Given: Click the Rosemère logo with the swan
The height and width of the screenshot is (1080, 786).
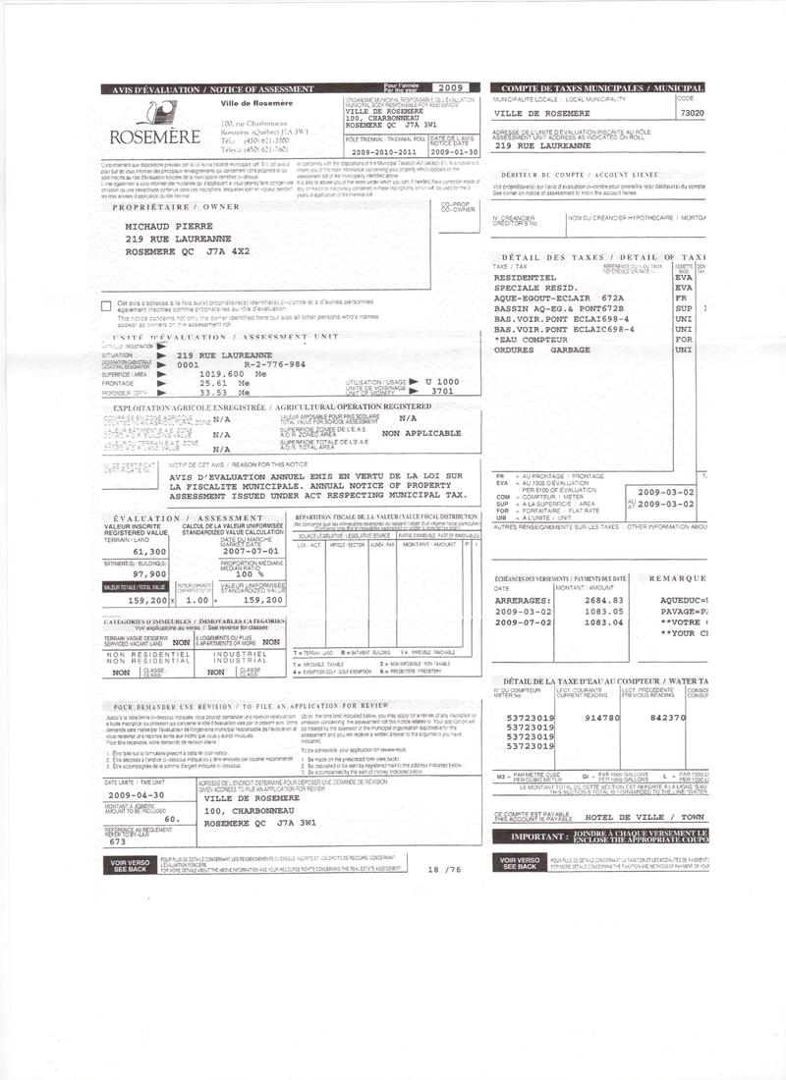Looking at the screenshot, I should click(x=147, y=126).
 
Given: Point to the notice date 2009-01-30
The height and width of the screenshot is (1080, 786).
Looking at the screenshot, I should click(x=453, y=153).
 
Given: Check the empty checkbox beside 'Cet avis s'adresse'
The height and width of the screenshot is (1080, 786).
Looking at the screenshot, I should click(x=106, y=305).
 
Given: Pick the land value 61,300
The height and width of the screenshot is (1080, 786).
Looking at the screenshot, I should click(x=147, y=552).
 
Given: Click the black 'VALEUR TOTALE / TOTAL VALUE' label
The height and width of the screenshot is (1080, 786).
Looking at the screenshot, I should click(x=135, y=588).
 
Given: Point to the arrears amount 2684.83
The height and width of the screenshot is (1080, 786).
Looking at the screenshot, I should click(x=604, y=600).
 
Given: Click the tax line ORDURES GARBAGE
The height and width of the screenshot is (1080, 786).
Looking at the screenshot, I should click(x=542, y=351).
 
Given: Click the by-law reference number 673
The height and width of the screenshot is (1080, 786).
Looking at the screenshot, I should click(x=118, y=841).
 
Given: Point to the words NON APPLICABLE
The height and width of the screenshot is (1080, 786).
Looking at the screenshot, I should click(x=421, y=433).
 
